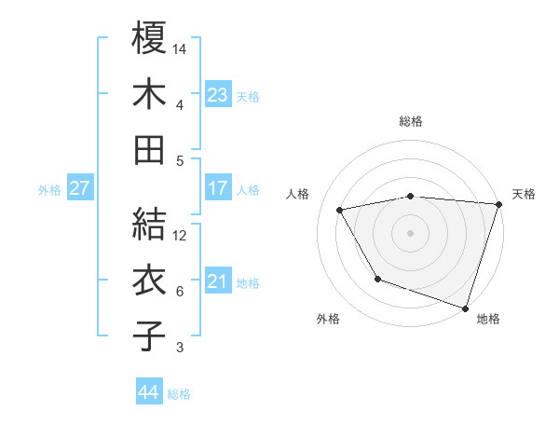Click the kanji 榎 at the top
[x=149, y=39]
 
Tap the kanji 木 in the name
[x=149, y=93]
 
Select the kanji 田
[x=149, y=149]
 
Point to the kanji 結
[x=149, y=224]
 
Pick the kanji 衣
[x=149, y=280]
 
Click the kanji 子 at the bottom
[x=149, y=335]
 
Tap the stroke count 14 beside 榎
[x=181, y=48]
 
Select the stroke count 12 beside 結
[x=181, y=235]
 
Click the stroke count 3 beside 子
[x=181, y=348]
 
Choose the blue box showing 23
[x=217, y=94]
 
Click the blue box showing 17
[x=217, y=188]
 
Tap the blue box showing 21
[x=217, y=281]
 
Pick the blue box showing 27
[x=80, y=188]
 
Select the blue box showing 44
[x=149, y=392]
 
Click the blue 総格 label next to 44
[x=179, y=394]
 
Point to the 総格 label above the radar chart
[x=411, y=121]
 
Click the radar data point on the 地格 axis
[x=464, y=308]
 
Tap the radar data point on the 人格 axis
[x=340, y=210]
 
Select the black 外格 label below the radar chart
[x=328, y=319]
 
